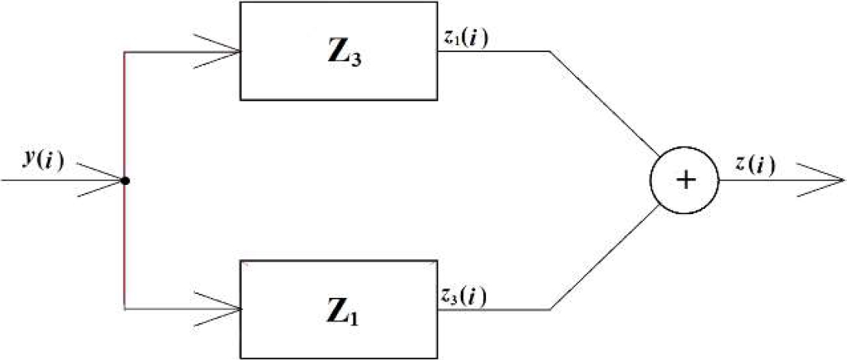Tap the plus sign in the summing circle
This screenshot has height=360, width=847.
pyautogui.click(x=685, y=181)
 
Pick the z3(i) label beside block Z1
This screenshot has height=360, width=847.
pyautogui.click(x=462, y=295)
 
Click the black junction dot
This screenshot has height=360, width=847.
pyautogui.click(x=124, y=181)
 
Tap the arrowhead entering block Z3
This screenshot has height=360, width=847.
pyautogui.click(x=223, y=52)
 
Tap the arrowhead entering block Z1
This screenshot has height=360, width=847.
pyautogui.click(x=223, y=309)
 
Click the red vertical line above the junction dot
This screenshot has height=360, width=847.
pyautogui.click(x=124, y=115)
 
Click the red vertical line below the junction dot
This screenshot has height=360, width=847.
pyautogui.click(x=124, y=246)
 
